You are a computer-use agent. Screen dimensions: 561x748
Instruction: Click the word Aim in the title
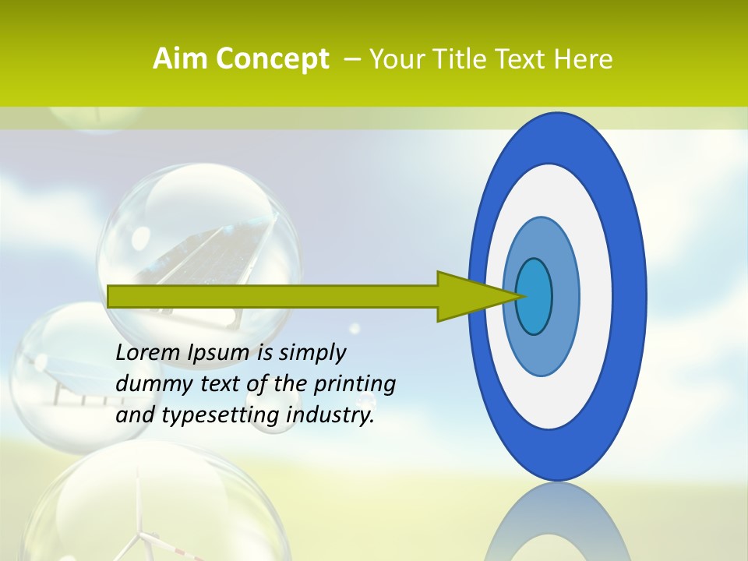point(180,59)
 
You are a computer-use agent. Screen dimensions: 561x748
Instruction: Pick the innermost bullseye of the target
point(535,296)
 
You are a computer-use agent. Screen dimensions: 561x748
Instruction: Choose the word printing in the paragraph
point(355,384)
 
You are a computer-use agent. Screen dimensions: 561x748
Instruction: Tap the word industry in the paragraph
point(330,415)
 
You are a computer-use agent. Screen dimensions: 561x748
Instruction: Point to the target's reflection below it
point(557,526)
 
